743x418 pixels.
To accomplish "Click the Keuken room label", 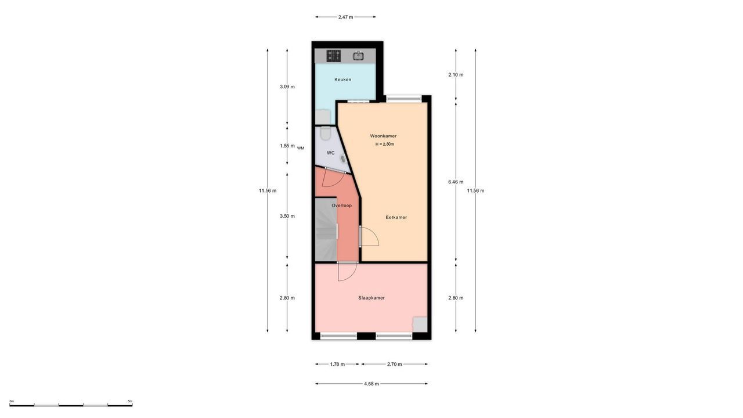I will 342,80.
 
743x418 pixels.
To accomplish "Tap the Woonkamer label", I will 383,136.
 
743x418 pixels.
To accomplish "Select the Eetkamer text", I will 396,217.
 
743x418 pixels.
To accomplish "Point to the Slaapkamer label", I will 371,298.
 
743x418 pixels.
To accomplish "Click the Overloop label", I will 341,205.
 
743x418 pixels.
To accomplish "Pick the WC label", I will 330,153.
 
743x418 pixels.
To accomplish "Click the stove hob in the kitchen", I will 333,56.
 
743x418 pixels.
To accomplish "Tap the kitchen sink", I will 359,56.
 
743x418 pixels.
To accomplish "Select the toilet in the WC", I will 324,135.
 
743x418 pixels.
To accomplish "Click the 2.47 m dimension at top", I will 345,17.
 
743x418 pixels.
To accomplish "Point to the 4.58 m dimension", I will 371,384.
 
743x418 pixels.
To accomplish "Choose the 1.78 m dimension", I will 337,365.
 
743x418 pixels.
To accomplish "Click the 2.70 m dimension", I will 395,365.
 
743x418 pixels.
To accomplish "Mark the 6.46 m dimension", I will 456,182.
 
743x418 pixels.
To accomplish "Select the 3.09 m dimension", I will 287,87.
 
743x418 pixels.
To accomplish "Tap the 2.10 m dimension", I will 456,74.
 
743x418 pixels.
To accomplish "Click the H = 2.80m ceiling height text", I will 384,144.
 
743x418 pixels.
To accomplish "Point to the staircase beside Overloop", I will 326,230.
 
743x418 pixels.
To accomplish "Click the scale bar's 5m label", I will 129,401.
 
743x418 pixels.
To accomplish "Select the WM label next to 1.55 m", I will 301,148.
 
